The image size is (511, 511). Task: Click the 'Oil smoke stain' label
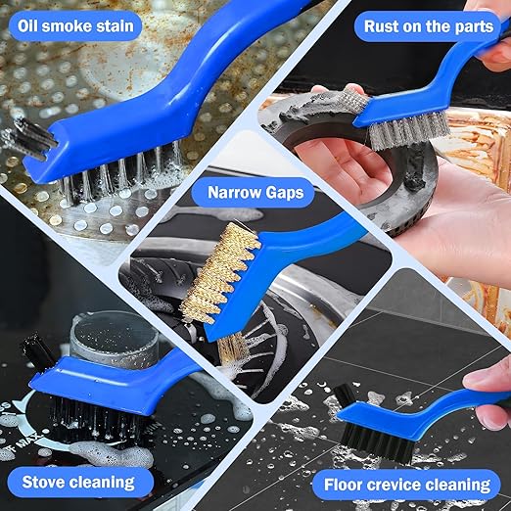coord(75,25)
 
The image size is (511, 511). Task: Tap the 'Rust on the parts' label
coord(429,26)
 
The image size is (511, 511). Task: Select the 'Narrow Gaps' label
coord(255,192)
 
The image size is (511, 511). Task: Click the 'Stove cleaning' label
coord(78,482)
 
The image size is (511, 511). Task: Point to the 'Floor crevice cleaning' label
coord(407,485)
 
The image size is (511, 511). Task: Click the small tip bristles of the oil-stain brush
coord(32,137)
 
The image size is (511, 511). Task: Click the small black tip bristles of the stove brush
coord(37,351)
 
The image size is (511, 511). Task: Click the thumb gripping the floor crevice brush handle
coord(487,380)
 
